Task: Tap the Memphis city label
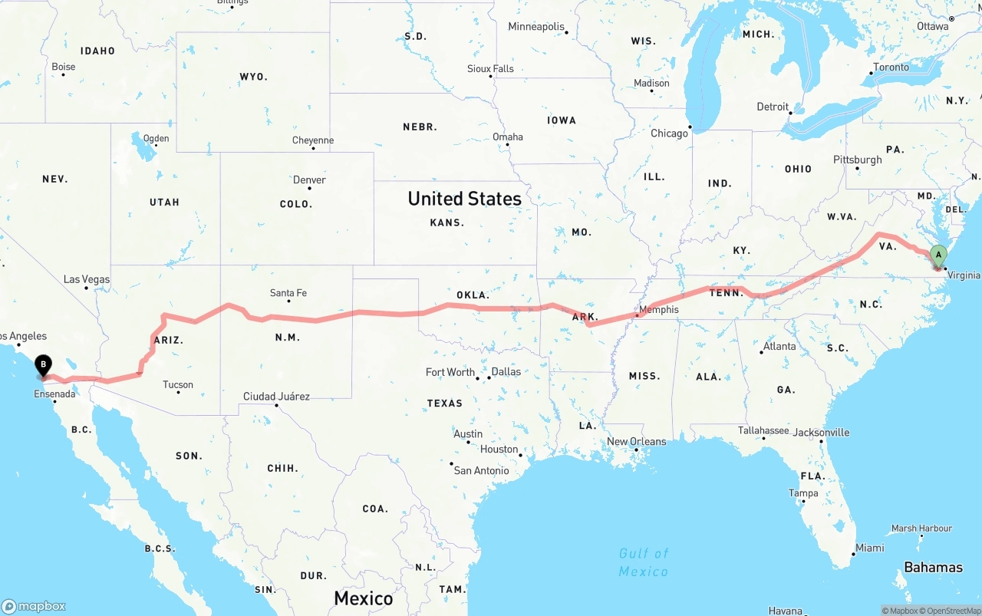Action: pos(658,310)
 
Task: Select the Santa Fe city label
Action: pos(288,293)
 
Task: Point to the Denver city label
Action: pos(309,180)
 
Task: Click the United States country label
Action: pos(464,199)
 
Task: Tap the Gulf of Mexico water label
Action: pos(643,562)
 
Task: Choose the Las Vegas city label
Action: pos(86,279)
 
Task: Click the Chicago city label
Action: pos(669,133)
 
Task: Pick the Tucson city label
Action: pos(178,385)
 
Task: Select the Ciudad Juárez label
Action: pos(276,397)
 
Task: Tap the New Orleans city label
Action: pos(637,442)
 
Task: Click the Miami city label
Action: pos(870,548)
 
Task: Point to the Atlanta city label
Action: pos(779,346)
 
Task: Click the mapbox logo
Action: pos(34,606)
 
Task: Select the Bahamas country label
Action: pos(933,568)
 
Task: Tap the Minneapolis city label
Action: pos(535,27)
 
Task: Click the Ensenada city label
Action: pos(54,394)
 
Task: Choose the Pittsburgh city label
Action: pos(858,160)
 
